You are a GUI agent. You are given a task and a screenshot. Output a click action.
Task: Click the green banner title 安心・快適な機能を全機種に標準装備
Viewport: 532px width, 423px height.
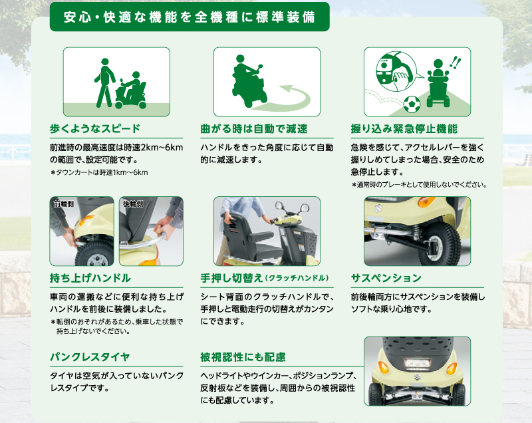190,17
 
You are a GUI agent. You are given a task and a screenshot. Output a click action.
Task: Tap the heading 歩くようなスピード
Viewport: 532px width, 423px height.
95,129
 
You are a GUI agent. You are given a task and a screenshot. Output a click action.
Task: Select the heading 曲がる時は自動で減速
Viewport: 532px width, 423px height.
254,129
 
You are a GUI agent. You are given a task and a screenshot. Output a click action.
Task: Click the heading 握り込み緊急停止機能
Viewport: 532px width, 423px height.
404,129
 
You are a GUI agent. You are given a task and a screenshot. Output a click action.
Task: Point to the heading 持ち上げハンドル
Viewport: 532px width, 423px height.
90,278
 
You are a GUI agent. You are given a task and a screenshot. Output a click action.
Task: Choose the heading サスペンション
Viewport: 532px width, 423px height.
386,278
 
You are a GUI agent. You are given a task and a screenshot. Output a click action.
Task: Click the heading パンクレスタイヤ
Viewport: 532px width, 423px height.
90,357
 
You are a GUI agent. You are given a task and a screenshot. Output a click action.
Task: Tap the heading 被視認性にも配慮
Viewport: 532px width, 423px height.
243,357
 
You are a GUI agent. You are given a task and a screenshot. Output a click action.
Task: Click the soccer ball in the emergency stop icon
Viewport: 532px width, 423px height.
412,104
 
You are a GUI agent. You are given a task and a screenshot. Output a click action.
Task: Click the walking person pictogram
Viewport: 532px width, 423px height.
104,82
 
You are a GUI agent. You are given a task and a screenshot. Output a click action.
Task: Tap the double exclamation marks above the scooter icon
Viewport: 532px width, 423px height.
455,63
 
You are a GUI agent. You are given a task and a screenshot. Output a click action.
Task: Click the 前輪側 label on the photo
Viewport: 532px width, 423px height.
63,204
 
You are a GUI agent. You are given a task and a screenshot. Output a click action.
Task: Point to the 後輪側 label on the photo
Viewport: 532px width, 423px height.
133,204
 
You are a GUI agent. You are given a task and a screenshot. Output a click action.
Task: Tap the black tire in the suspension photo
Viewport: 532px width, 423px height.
440,243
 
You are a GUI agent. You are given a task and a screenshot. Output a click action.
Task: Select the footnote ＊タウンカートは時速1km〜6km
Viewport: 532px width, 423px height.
99,173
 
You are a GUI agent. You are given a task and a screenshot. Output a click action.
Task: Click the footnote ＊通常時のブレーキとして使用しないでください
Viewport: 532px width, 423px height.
420,185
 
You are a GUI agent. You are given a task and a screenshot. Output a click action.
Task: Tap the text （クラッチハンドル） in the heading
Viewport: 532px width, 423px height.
297,278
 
